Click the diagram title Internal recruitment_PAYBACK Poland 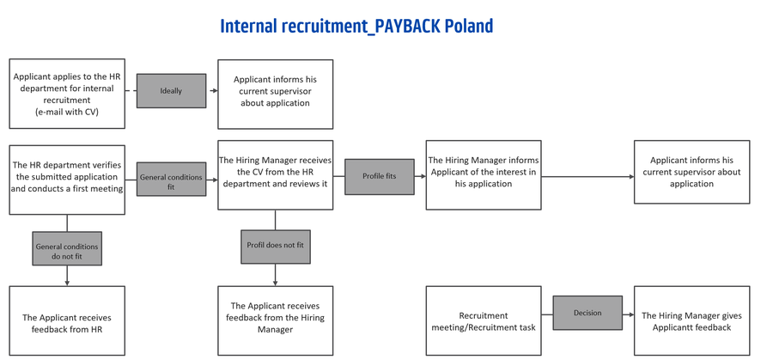[356, 26]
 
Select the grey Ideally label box [171, 91]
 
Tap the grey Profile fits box [379, 176]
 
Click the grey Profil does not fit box [276, 246]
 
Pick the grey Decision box [587, 313]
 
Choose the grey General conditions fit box [171, 179]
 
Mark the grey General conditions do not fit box [67, 248]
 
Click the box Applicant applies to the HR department [67, 95]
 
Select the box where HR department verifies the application [67, 180]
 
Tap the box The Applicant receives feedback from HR [67, 320]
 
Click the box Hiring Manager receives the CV [276, 175]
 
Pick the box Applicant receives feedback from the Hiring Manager [276, 320]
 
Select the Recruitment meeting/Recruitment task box [484, 320]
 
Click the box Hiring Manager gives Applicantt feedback [691, 320]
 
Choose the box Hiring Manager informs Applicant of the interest [484, 175]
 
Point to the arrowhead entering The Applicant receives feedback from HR [67, 283]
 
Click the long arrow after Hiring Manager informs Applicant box [587, 176]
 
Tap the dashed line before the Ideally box [131, 91]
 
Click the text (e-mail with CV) [67, 112]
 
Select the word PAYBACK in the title [405, 26]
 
